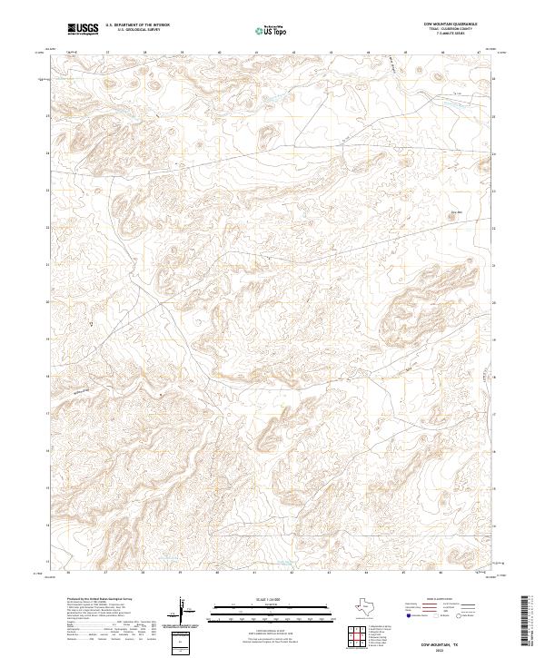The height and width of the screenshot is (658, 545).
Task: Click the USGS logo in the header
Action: (x=83, y=29)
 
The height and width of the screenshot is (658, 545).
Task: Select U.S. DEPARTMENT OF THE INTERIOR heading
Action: (x=138, y=25)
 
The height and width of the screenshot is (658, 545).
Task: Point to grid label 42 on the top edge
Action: (x=292, y=53)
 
